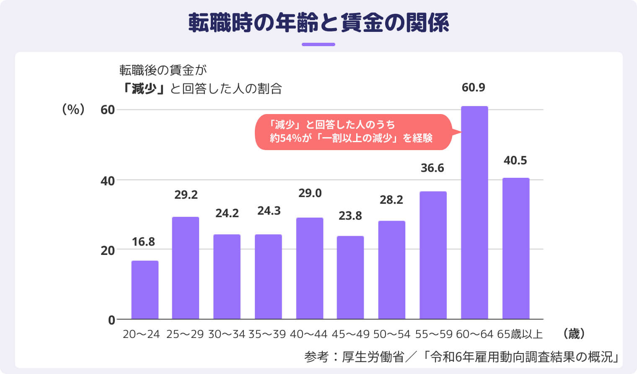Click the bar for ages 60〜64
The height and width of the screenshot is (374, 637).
(x=474, y=213)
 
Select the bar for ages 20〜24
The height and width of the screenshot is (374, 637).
(x=145, y=290)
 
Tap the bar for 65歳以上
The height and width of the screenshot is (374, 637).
(x=516, y=249)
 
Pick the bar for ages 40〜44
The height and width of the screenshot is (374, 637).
(x=310, y=268)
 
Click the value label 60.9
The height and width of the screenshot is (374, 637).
(x=474, y=88)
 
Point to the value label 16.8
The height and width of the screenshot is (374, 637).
(x=143, y=242)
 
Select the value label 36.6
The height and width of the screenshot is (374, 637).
(x=432, y=168)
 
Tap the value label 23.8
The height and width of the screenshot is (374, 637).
(x=350, y=216)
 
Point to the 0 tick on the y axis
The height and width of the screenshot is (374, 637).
(x=111, y=320)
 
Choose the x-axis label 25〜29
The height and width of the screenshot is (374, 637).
(x=185, y=334)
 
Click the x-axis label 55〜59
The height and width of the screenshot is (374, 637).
(x=434, y=334)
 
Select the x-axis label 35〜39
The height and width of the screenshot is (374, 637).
(x=267, y=334)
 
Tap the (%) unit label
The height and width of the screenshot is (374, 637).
(x=73, y=110)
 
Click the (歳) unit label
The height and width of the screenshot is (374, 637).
(x=574, y=334)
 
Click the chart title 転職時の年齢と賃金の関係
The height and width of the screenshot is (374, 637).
(x=318, y=23)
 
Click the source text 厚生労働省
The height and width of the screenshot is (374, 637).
(x=373, y=357)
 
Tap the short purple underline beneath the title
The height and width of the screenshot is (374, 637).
(x=318, y=44)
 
